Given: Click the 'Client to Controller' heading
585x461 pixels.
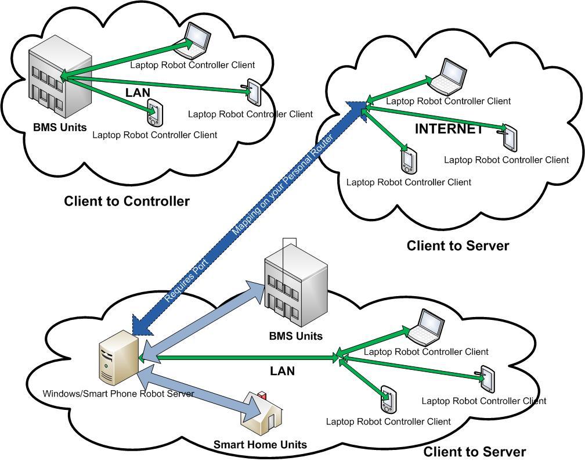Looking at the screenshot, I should pos(127,201).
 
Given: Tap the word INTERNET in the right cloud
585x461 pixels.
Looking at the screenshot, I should pos(449,129).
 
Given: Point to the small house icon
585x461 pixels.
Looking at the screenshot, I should pos(266,413).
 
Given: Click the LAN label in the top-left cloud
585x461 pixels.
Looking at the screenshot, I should pos(138,92).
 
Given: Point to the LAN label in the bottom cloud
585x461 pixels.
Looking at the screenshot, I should pos(282,370).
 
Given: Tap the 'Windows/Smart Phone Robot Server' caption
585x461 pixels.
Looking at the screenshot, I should pos(118,394).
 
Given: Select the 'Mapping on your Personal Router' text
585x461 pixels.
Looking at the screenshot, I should pos(282,186).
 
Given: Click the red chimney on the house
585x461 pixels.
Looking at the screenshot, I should pos(261,395).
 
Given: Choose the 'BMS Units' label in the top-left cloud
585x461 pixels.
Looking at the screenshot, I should pos(60,127).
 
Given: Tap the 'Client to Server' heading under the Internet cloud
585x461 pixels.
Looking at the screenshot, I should pos(457,246).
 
